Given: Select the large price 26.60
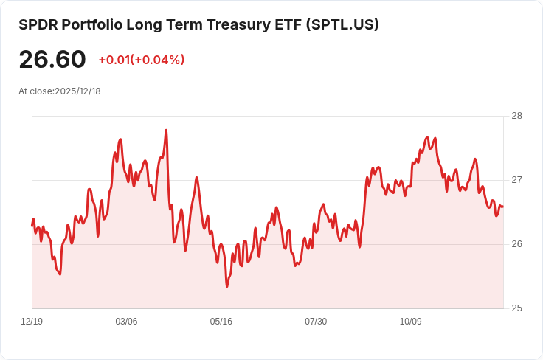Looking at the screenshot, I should coord(52,60).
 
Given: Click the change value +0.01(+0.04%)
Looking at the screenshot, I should coord(141,60).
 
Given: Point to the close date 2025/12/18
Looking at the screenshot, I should coord(77,91).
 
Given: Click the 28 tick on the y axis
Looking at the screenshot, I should coord(516,116).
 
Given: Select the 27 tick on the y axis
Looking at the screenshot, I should coord(516,180).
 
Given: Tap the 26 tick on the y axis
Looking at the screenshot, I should coord(516,244).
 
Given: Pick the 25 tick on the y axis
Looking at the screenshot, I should coord(516,308).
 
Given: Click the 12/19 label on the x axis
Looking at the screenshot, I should coord(32,322).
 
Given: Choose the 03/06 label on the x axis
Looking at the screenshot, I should coord(126,322).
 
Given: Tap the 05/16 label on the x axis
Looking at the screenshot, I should coord(221,322).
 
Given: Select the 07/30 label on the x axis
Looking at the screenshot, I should coord(316,322).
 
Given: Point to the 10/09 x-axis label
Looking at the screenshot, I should coord(410,322).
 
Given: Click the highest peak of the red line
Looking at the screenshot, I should coord(166,131).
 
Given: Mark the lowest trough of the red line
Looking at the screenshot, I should coord(226,286).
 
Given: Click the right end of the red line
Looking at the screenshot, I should coord(502,207).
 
